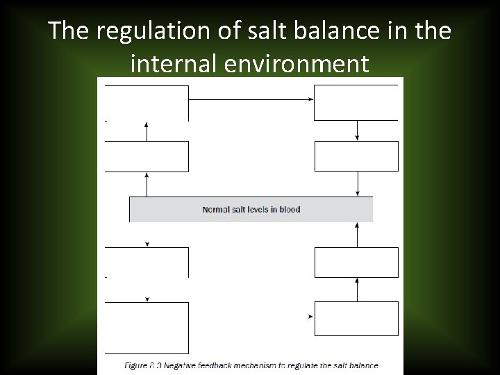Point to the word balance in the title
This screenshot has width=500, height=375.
coord(336,31)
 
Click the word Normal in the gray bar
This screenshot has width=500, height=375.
coord(216,209)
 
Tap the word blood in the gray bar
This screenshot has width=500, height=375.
coord(289,209)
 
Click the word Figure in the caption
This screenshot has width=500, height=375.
coord(135,365)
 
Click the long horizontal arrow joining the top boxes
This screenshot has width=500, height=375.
coord(251,99)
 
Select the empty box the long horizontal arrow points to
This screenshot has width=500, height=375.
coord(356,103)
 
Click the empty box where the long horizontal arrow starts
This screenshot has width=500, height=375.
coord(147,103)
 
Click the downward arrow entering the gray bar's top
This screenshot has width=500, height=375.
coord(357,184)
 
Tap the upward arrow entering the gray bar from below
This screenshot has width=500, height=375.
coord(357,234)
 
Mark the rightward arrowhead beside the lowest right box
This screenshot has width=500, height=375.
coord(310,317)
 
